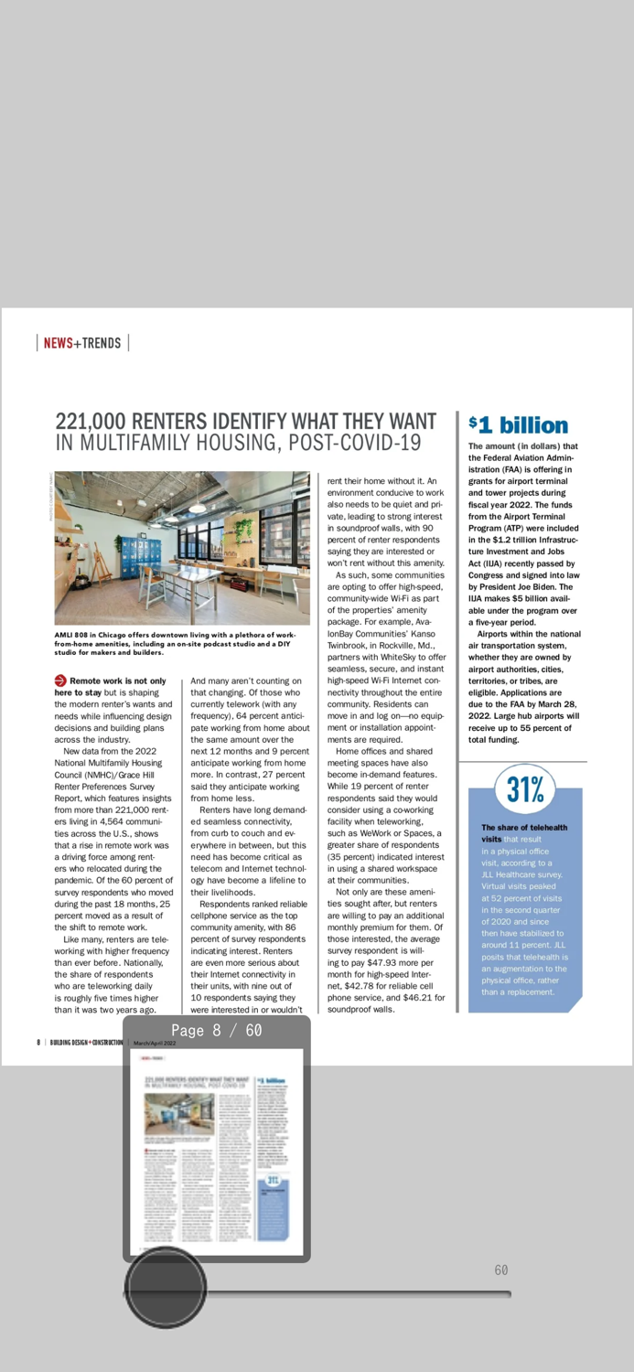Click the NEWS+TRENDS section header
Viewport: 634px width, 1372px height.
82,343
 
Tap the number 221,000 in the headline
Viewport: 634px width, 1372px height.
91,422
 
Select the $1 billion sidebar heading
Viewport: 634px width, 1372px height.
518,425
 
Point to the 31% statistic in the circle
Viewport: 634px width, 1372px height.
525,788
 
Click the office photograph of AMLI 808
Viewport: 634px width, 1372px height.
182,548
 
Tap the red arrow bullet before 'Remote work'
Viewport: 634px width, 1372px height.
60,681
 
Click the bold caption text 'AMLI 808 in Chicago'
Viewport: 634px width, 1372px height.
102,634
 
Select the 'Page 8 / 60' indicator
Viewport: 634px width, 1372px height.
217,1031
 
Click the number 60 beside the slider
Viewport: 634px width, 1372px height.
501,1270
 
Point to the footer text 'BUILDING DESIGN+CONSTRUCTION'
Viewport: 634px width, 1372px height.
86,1042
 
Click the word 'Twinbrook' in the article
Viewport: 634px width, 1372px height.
349,644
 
